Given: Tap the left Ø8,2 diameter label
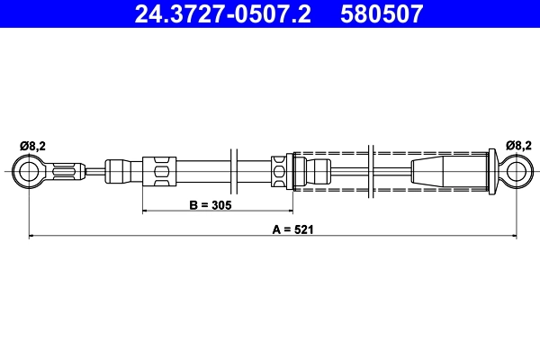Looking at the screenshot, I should [31, 144].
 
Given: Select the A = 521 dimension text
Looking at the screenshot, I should [285, 229].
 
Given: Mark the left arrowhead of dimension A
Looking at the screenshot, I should [33, 237].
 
